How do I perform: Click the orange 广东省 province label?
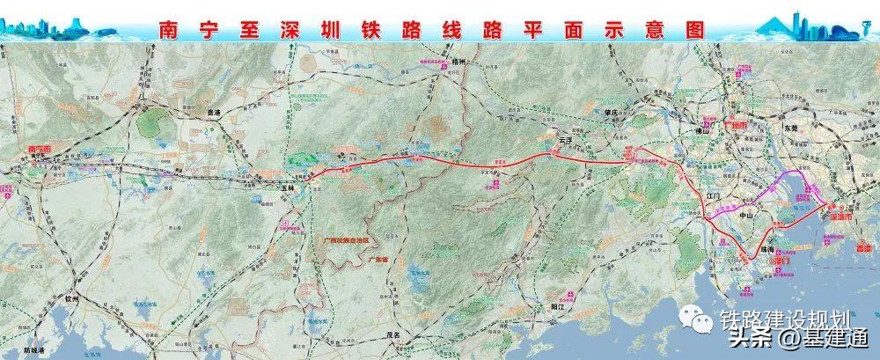coord(356,248)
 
